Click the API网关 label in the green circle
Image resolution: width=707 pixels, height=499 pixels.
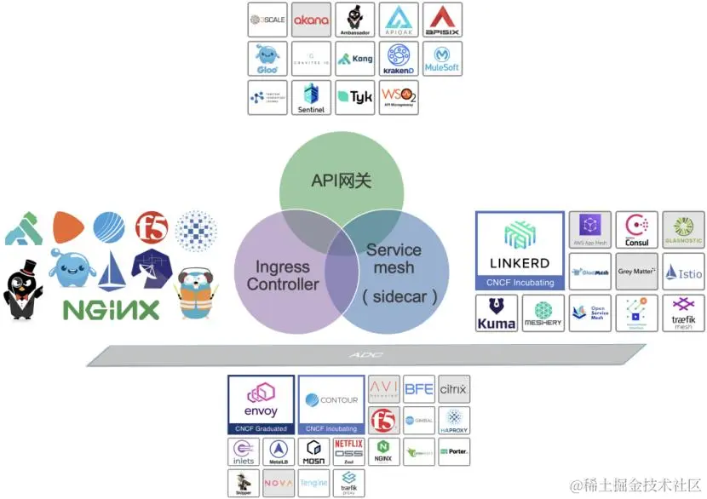click(x=341, y=181)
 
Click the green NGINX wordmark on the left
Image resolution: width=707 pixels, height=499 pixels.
click(x=111, y=309)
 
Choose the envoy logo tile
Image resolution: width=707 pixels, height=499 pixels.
click(x=261, y=404)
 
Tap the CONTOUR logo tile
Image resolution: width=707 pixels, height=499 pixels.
click(x=331, y=404)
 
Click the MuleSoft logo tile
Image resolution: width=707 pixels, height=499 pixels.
click(x=442, y=59)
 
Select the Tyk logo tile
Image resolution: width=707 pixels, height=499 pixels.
click(x=355, y=98)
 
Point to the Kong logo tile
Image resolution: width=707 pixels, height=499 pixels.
click(x=355, y=59)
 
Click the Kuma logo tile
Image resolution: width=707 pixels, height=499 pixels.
click(x=497, y=313)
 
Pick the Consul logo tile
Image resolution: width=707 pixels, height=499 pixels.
click(x=636, y=230)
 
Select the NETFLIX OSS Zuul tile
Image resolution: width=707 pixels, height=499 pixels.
click(x=348, y=451)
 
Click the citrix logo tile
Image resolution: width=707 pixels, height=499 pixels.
click(x=453, y=389)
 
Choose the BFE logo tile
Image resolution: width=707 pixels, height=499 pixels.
click(x=419, y=389)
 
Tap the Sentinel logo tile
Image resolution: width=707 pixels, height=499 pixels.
click(x=312, y=98)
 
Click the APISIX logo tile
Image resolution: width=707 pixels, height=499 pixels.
click(x=442, y=20)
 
